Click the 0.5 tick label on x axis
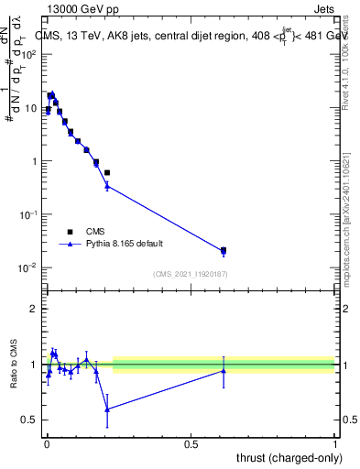[191, 443]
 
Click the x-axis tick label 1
[335, 443]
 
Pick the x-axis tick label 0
[47, 443]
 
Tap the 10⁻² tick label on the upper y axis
[30, 267]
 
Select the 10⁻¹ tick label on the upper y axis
[30, 214]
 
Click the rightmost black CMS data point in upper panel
[224, 249]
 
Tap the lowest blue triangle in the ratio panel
[107, 409]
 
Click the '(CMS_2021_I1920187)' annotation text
[190, 274]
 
